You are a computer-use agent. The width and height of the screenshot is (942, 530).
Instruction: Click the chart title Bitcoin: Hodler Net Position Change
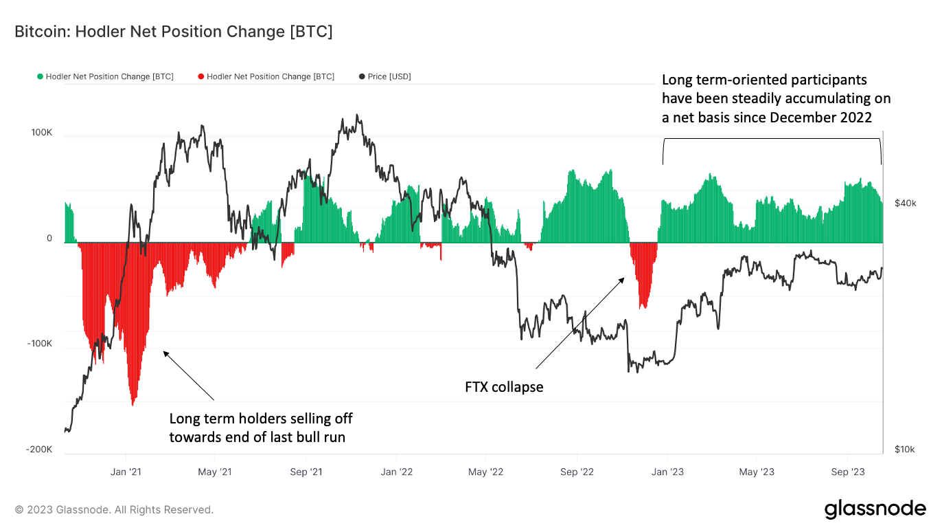point(174,32)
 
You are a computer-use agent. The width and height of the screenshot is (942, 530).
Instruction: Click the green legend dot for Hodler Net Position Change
point(41,76)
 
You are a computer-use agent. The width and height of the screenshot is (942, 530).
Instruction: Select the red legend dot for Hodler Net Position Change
point(201,76)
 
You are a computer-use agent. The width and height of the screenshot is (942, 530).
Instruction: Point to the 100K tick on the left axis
point(40,132)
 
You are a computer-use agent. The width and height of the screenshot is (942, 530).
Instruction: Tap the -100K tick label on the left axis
point(38,344)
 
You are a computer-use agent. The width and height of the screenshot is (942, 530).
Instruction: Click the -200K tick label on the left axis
point(38,449)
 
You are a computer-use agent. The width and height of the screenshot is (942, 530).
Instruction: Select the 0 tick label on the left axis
point(49,239)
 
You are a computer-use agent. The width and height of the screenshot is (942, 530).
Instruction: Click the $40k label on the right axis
point(905,203)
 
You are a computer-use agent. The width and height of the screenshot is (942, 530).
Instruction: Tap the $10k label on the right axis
point(905,450)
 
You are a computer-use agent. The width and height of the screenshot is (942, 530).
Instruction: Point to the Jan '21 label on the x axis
point(126,472)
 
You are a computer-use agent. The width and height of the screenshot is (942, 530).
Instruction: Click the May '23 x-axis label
point(757,472)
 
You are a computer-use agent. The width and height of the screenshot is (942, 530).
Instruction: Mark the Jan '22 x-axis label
point(396,472)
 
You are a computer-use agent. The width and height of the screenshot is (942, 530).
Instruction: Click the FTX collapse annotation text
point(504,387)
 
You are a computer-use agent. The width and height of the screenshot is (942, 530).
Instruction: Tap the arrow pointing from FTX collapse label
point(580,322)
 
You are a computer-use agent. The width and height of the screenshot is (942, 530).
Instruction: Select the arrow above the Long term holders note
point(189,375)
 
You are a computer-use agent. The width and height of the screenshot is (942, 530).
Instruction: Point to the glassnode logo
point(875,509)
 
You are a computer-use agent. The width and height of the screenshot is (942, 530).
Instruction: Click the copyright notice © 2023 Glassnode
point(114,510)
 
